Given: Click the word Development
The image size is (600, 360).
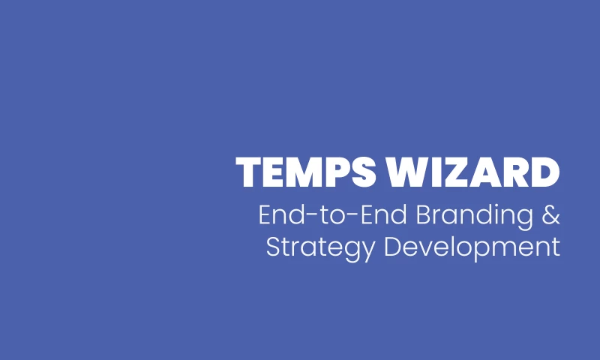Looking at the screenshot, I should (x=472, y=247).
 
